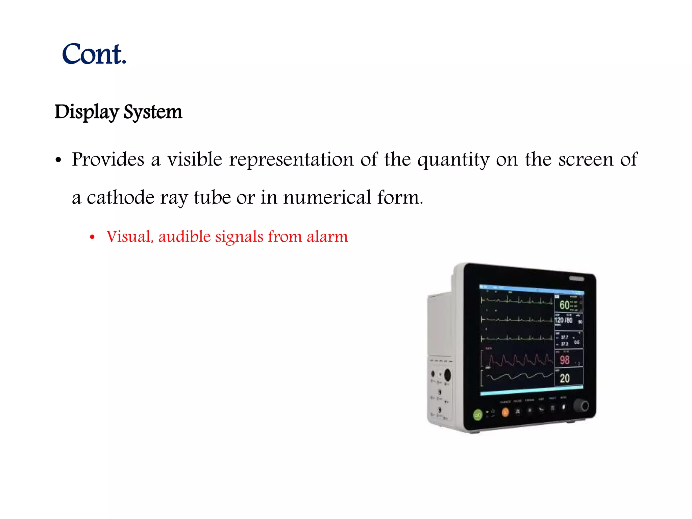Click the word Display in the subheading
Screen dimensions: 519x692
click(86, 112)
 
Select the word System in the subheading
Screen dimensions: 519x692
click(153, 112)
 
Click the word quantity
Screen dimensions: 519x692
click(453, 160)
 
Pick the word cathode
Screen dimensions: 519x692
click(121, 197)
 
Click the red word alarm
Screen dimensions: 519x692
click(327, 236)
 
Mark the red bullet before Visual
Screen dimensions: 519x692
click(92, 237)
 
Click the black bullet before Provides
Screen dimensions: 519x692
click(58, 160)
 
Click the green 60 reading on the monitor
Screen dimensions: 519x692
click(564, 305)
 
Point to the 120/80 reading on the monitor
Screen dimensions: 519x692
click(564, 320)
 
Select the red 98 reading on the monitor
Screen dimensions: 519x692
click(564, 360)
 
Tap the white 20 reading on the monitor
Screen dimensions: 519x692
click(564, 378)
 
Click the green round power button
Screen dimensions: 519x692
click(477, 415)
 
